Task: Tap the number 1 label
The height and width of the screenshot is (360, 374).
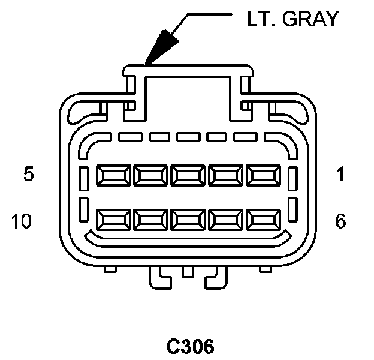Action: coord(340,175)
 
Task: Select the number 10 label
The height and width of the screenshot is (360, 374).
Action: coord(22,221)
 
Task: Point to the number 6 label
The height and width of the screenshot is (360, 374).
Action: coord(340,221)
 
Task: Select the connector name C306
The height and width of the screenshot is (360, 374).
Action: coord(189,347)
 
